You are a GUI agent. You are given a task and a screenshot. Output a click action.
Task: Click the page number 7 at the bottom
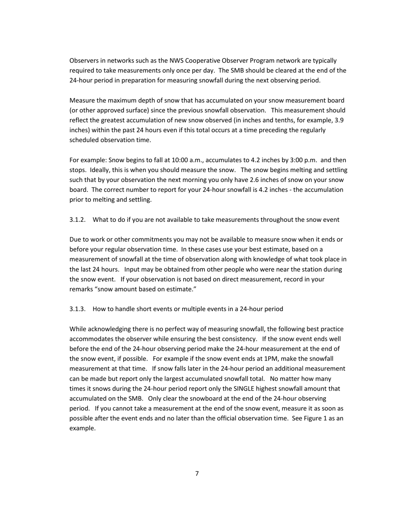pyautogui.click(x=197, y=474)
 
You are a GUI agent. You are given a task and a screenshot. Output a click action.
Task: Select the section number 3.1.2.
pyautogui.click(x=78, y=220)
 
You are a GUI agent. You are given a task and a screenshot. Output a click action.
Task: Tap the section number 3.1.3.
pyautogui.click(x=78, y=309)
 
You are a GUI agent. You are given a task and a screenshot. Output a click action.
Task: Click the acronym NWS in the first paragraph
pyautogui.click(x=177, y=61)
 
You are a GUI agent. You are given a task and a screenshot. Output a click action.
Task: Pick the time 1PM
pyautogui.click(x=271, y=359)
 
